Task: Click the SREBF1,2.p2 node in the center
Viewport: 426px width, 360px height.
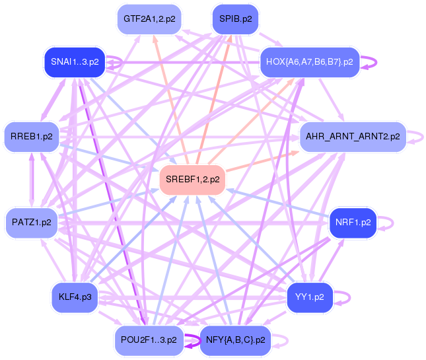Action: pyautogui.click(x=194, y=180)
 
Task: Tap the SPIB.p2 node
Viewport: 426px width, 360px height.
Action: pyautogui.click(x=235, y=19)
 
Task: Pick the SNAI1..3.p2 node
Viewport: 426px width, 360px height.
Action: pyautogui.click(x=74, y=62)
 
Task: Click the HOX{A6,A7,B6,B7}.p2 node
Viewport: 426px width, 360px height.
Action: pyautogui.click(x=309, y=63)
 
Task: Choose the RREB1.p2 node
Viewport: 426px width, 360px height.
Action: pyautogui.click(x=31, y=137)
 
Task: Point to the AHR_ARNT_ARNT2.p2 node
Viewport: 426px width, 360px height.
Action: pyautogui.click(x=353, y=137)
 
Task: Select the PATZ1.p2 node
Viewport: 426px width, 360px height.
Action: pyautogui.click(x=31, y=223)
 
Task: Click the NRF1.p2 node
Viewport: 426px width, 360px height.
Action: pyautogui.click(x=352, y=223)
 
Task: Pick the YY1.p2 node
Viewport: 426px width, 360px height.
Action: pyautogui.click(x=309, y=297)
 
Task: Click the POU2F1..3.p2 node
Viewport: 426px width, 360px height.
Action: pyautogui.click(x=149, y=340)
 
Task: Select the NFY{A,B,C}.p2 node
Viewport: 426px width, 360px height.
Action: pyautogui.click(x=235, y=340)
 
